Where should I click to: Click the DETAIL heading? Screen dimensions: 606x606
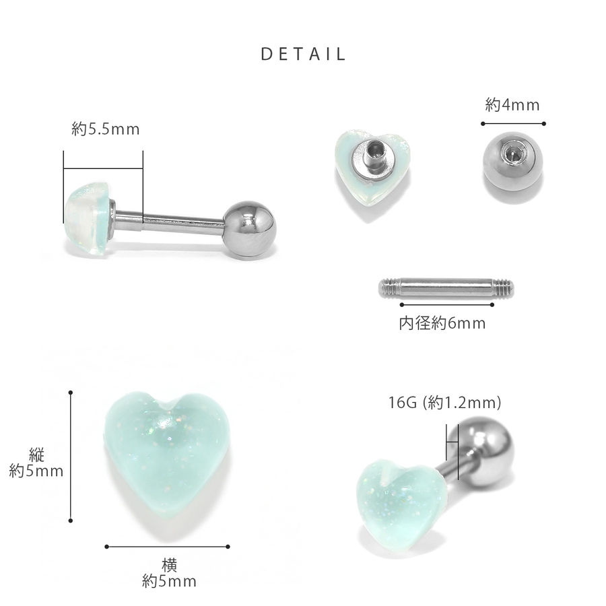pos(303,54)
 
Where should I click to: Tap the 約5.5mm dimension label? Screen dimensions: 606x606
pos(106,129)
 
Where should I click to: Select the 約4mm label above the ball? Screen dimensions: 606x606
pos(512,105)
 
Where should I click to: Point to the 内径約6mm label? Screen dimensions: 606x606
pos(442,323)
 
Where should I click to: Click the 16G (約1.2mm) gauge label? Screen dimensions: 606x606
pos(444,403)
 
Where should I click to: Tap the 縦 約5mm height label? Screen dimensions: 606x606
pos(36,463)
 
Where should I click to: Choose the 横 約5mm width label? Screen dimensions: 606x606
pos(169,573)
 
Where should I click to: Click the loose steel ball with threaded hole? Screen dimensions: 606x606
pos(512,161)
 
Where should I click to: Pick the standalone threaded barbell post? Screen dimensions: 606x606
pos(446,288)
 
